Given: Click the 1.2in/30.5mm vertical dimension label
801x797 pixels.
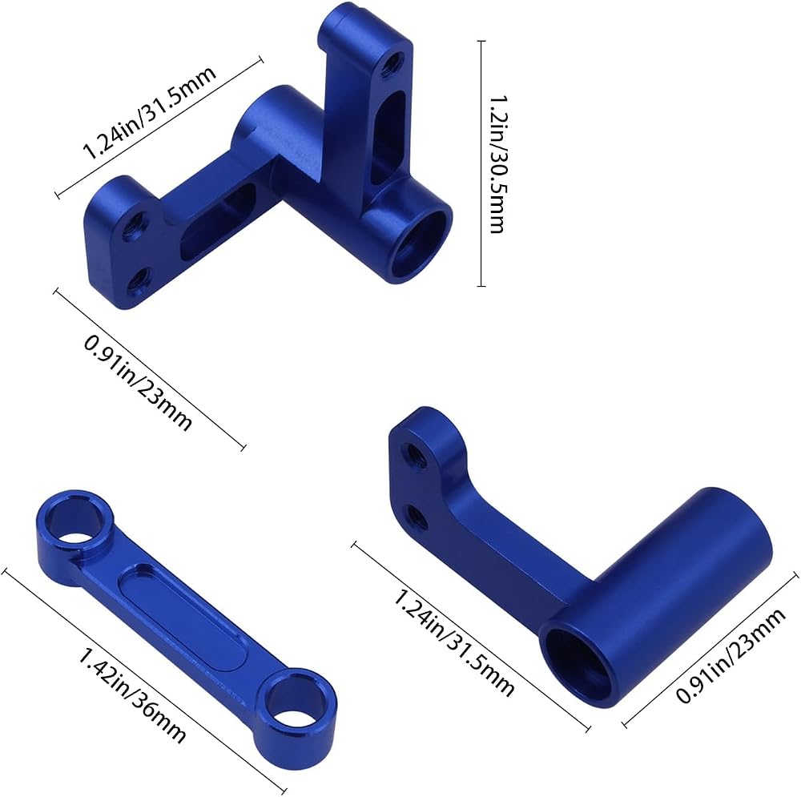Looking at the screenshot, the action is [x=497, y=163].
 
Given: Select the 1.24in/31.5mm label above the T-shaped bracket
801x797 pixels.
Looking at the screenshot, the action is [x=149, y=112].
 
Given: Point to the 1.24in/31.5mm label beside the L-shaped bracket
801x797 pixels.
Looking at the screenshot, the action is [x=453, y=642].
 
